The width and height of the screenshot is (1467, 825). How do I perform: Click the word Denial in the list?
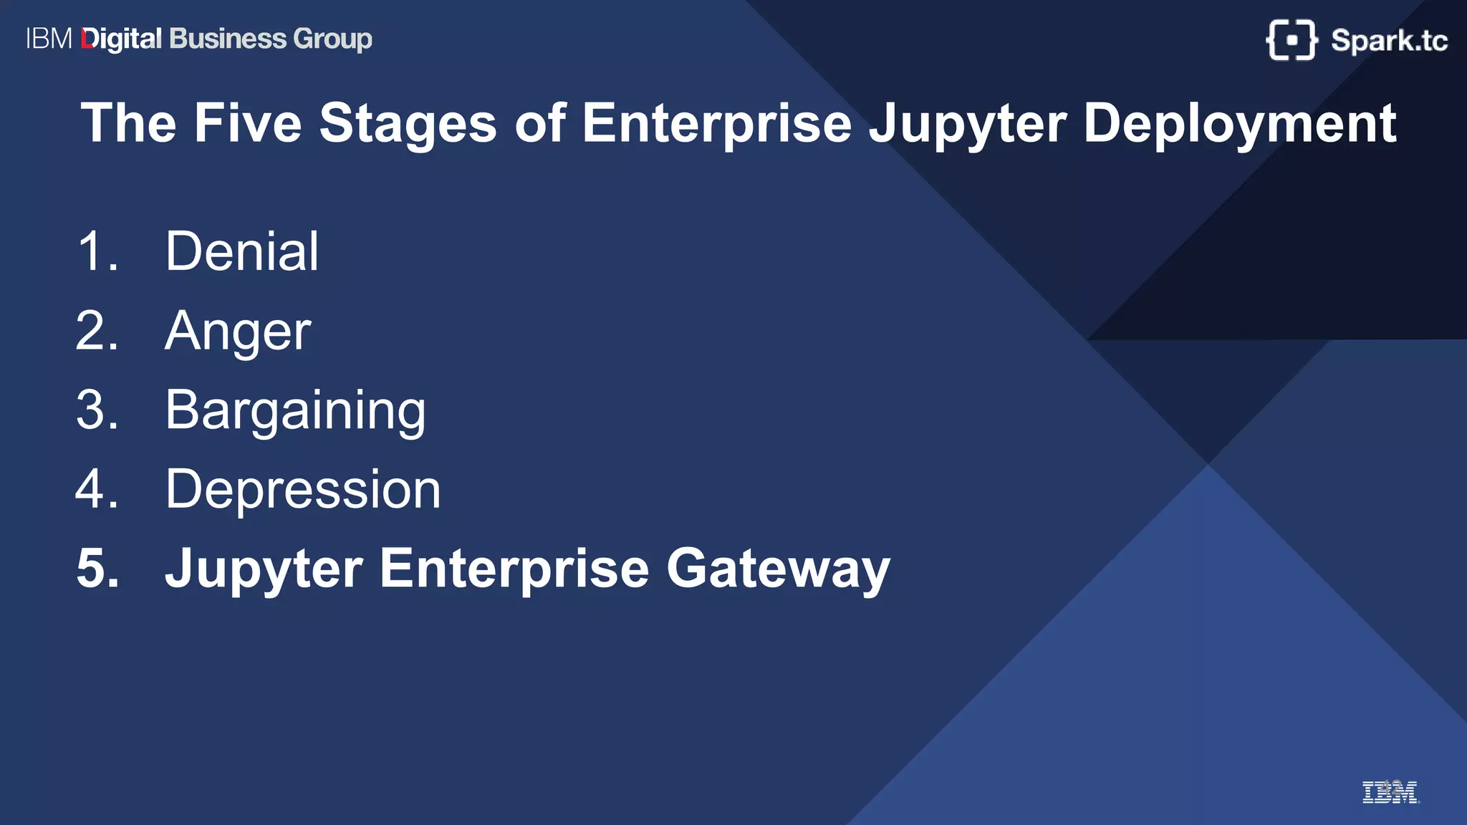tap(241, 251)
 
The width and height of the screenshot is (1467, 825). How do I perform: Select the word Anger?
tap(238, 332)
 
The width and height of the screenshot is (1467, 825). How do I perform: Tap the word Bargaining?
tap(295, 410)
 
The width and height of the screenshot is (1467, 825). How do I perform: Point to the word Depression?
tap(303, 490)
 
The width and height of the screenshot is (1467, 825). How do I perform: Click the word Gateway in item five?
tap(778, 569)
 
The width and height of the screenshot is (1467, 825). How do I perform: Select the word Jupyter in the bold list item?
tap(264, 570)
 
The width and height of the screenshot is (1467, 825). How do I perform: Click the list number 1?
tap(96, 251)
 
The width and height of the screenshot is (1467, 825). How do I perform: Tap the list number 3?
tap(97, 410)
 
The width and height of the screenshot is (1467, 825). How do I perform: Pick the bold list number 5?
tap(97, 569)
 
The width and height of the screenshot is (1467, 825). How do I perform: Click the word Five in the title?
tap(248, 123)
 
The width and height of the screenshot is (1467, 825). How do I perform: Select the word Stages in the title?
tap(408, 123)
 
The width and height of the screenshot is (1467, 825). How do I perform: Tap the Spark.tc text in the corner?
tap(1388, 41)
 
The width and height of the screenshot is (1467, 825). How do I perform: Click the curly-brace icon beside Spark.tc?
tap(1292, 40)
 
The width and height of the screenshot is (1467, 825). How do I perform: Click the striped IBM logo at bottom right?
tap(1389, 792)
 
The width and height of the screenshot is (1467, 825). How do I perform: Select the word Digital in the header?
tap(122, 39)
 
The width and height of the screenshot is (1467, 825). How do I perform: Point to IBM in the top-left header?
tap(49, 39)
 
